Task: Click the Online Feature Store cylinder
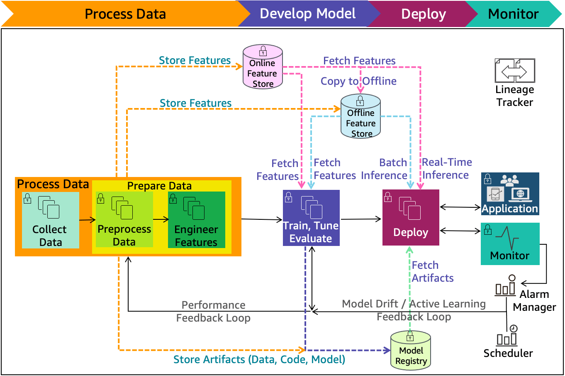[263, 67]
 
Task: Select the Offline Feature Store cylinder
[360, 116]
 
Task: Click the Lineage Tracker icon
[515, 71]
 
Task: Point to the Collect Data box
[51, 220]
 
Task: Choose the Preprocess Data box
[124, 219]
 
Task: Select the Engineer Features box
[197, 220]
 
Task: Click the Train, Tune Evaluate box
[311, 218]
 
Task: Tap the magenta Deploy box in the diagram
[411, 218]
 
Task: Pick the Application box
[510, 194]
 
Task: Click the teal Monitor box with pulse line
[510, 244]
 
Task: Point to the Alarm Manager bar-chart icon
[505, 285]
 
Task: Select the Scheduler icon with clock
[507, 336]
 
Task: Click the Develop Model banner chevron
[309, 14]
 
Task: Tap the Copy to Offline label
[358, 81]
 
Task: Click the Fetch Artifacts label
[433, 272]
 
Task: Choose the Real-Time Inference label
[447, 169]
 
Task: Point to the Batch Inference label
[384, 169]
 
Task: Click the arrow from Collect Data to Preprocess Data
[88, 220]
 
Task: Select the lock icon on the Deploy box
[388, 197]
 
